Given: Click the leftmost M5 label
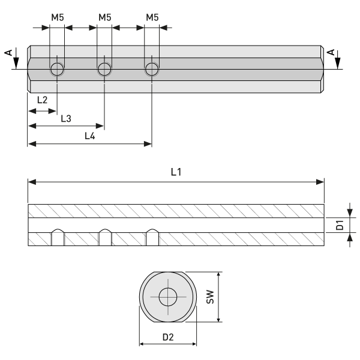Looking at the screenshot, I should tap(57, 17).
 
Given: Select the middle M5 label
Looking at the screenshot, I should tap(105, 17).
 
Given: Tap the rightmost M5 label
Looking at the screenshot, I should tap(152, 17).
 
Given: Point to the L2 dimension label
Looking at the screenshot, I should tap(42, 100).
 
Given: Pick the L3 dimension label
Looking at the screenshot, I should tap(66, 118).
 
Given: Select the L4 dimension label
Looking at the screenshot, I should tap(89, 136).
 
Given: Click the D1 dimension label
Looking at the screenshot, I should tap(340, 225).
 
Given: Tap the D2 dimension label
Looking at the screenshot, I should tap(168, 337).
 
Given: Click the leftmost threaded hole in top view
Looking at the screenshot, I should tap(57, 69).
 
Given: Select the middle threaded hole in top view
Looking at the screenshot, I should tap(104, 69).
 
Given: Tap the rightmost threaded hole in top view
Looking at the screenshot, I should tap(152, 69).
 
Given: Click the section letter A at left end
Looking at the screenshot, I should tap(8, 53).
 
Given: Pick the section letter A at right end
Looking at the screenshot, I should tap(329, 53).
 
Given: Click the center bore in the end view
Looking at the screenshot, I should tap(168, 297).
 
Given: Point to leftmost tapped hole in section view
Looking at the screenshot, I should tap(57, 238).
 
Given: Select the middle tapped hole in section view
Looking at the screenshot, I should tap(104, 238).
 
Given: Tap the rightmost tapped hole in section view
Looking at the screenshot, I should tap(152, 238).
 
